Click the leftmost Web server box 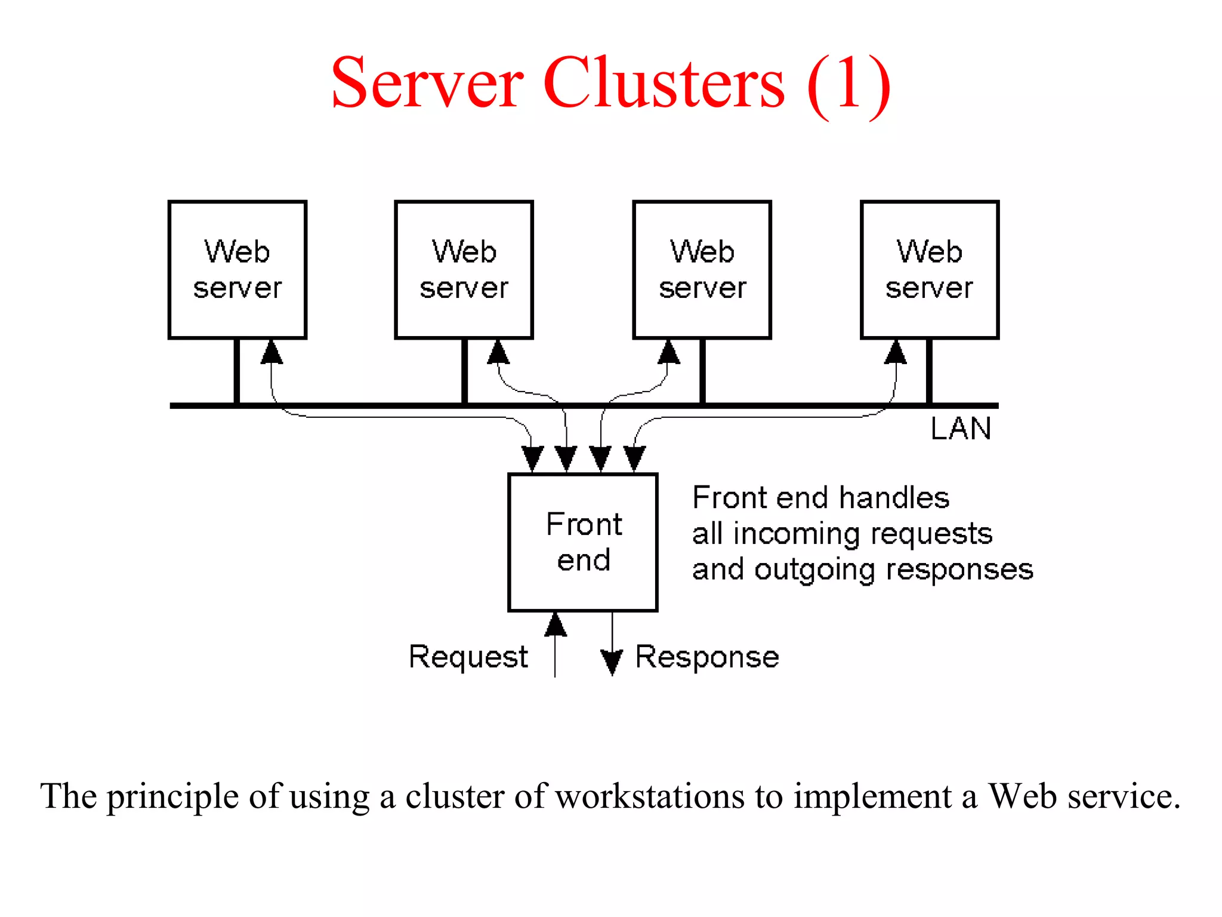[237, 270]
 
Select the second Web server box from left [464, 270]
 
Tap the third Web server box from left [702, 270]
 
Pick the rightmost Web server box [929, 270]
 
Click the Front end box [583, 542]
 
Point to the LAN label [961, 429]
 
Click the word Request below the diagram [468, 657]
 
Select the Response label [707, 657]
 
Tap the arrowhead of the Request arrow [556, 624]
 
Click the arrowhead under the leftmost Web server [271, 352]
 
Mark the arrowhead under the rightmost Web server [895, 352]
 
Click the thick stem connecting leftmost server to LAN [237, 371]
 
